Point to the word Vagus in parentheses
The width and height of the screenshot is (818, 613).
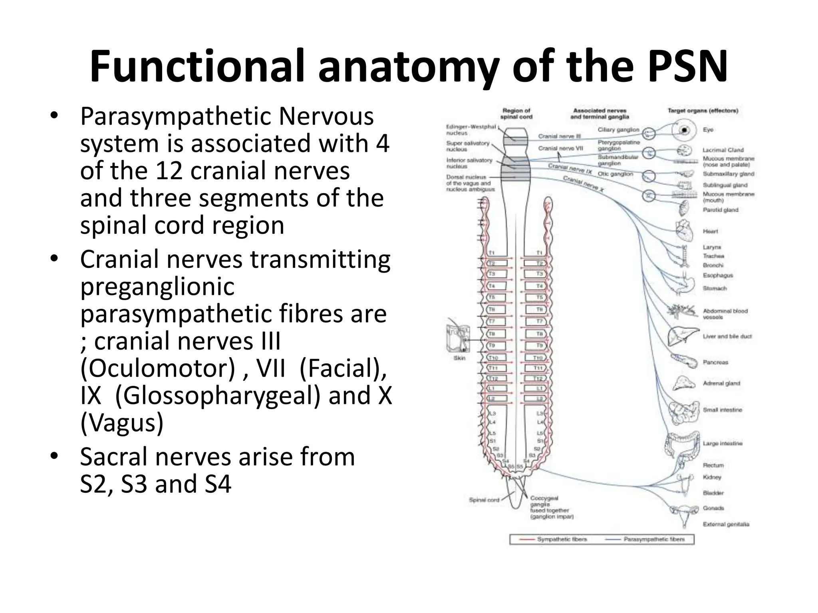tap(122, 423)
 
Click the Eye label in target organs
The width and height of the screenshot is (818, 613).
tap(708, 130)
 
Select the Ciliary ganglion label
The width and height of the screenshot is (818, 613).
tap(618, 130)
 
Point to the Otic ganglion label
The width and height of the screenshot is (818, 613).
tap(615, 174)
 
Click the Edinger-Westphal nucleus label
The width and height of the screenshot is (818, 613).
tap(471, 130)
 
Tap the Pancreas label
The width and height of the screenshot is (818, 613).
tap(715, 362)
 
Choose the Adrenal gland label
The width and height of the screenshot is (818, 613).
tap(721, 383)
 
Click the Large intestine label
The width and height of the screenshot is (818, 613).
tap(722, 443)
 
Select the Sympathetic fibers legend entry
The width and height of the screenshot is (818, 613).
tap(562, 539)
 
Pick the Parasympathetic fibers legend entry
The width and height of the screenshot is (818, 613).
tap(654, 539)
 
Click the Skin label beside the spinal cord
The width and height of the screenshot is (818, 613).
tap(459, 358)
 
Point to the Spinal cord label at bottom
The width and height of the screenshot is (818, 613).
tap(484, 500)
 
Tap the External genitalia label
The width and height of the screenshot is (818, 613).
tap(726, 524)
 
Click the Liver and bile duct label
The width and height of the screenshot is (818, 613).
tap(727, 336)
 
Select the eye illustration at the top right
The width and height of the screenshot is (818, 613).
tap(684, 130)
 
